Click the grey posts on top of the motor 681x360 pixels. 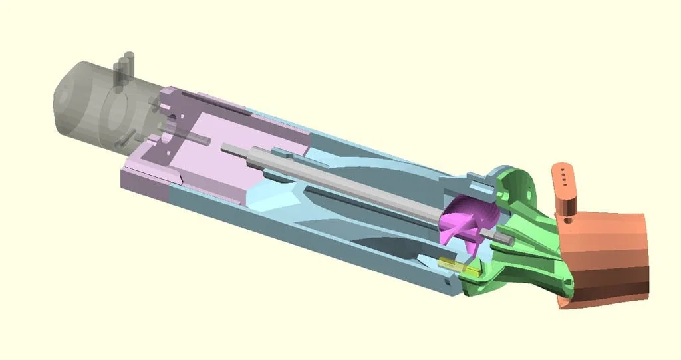tap(124, 70)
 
